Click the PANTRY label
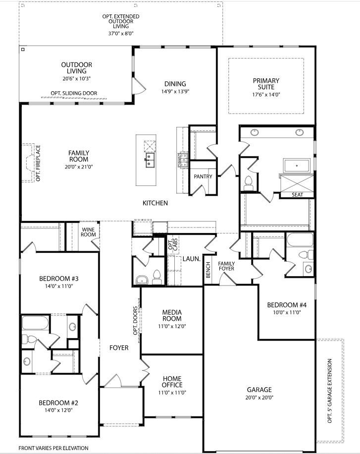203,176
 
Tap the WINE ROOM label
88,232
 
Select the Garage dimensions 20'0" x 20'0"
259,397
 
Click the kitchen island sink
149,159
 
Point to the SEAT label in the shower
297,195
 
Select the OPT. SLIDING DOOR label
74,93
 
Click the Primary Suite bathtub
296,166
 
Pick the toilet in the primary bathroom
249,182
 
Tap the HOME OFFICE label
172,382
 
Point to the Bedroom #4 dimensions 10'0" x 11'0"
284,312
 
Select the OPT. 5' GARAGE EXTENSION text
330,392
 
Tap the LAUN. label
191,259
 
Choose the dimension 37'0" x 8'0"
121,34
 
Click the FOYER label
119,348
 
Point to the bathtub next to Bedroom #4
299,240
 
